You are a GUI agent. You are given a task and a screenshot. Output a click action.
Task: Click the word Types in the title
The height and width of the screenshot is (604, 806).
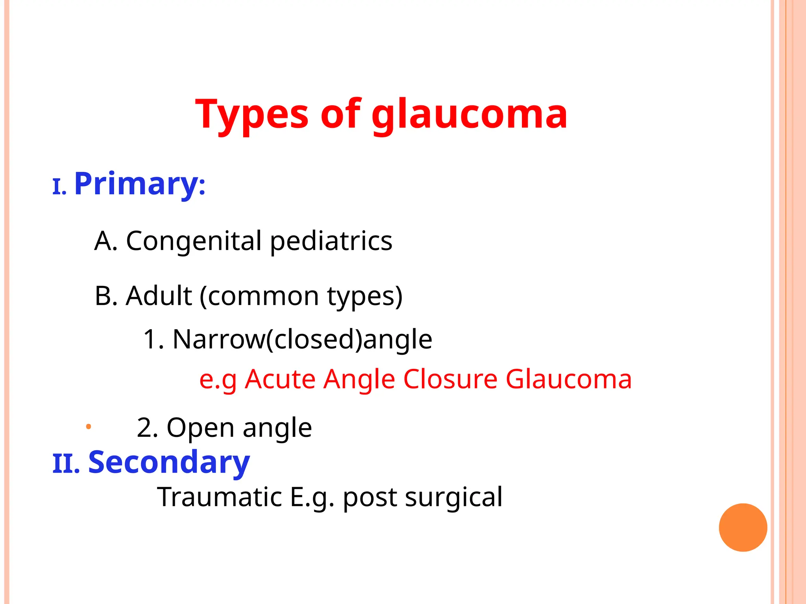(252, 115)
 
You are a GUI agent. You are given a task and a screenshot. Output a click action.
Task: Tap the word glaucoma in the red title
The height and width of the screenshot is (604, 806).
(469, 115)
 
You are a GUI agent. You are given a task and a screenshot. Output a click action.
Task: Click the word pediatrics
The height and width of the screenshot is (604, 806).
(331, 241)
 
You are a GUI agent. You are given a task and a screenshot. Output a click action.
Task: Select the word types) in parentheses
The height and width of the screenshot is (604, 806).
(365, 296)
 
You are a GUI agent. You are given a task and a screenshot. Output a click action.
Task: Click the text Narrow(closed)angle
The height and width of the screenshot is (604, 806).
(302, 339)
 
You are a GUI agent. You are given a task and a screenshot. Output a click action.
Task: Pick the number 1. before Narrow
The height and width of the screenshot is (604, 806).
(153, 339)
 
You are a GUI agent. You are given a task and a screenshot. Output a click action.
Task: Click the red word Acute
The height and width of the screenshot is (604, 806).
(280, 379)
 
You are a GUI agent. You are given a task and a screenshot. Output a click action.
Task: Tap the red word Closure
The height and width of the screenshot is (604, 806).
(450, 379)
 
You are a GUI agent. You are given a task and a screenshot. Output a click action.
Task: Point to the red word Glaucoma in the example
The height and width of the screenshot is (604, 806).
(568, 379)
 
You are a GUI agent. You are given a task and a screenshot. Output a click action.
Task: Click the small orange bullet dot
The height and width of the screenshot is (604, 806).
(89, 426)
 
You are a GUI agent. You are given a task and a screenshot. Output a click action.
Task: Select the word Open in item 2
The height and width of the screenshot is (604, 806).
(200, 427)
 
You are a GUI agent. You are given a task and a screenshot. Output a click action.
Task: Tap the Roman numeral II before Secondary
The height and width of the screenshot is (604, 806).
(66, 464)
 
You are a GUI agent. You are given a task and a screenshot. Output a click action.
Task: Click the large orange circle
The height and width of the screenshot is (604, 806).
(743, 527)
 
